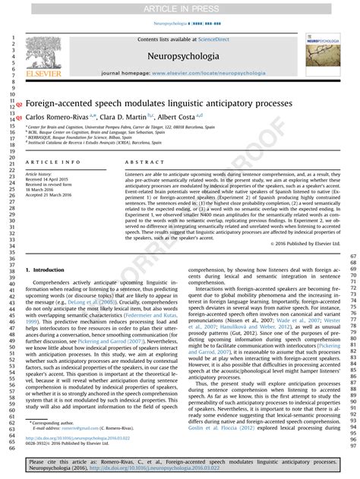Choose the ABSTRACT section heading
click(x=140, y=162)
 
